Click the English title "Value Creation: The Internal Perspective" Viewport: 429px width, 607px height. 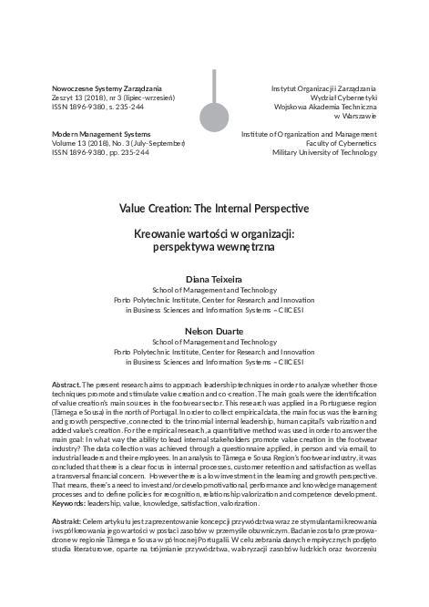[x=215, y=196]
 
